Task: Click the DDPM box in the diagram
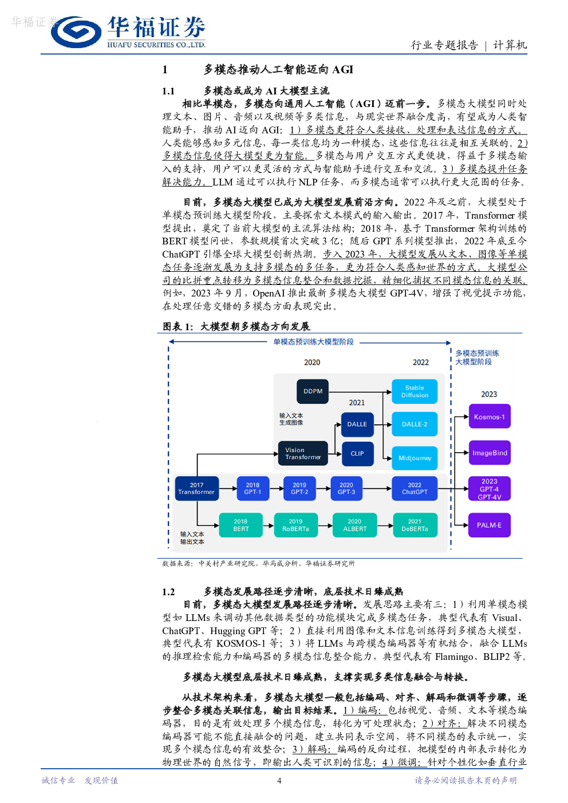click(x=312, y=391)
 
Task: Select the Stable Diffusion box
click(x=414, y=391)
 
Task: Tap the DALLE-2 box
click(x=414, y=424)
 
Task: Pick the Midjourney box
click(x=414, y=458)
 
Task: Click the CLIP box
click(x=357, y=453)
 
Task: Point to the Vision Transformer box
click(x=303, y=453)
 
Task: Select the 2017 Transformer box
click(x=196, y=488)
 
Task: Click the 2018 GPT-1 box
click(x=253, y=488)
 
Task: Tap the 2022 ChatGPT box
click(x=414, y=488)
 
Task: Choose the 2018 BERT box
click(x=240, y=525)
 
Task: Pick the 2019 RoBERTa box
click(x=295, y=525)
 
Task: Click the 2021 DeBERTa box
click(x=415, y=525)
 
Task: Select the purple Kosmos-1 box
click(x=489, y=417)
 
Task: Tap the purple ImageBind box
click(x=489, y=453)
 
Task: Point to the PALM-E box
click(x=489, y=525)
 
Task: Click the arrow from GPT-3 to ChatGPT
click(x=377, y=488)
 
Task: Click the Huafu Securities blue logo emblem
click(x=76, y=32)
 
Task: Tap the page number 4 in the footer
click(x=279, y=781)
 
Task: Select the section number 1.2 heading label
click(x=168, y=592)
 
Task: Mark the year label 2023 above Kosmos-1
click(x=489, y=394)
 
